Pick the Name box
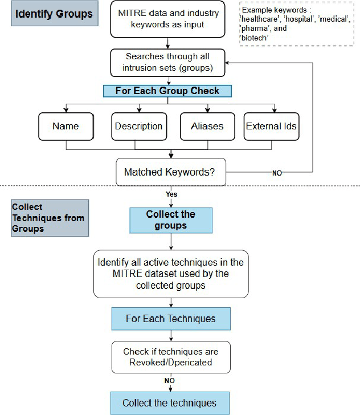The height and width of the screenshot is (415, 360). (66, 126)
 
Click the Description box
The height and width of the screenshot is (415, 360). (138, 126)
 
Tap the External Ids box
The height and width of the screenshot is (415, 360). (271, 126)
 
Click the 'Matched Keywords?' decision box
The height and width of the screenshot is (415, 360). (170, 172)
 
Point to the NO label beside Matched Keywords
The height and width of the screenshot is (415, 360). (277, 173)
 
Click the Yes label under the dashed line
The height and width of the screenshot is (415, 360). (171, 194)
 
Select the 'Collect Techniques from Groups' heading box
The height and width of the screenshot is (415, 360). (50, 218)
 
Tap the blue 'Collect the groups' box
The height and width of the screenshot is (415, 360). (170, 220)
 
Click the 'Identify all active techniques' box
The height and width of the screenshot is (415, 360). (170, 274)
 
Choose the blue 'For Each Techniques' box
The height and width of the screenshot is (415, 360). (170, 319)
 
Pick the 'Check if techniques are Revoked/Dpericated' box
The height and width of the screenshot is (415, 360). (170, 357)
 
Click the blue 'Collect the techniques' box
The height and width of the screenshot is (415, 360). (170, 403)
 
